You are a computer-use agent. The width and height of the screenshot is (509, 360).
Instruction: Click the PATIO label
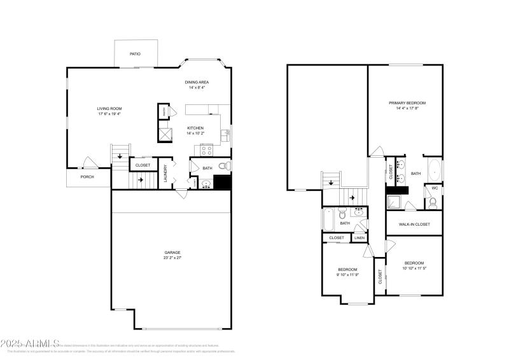[x=135, y=54]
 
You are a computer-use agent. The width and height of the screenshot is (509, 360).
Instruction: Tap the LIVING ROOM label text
[x=109, y=109]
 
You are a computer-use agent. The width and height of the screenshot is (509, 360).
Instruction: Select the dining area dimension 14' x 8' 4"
[x=197, y=88]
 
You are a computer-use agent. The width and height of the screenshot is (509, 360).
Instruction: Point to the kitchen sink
[x=225, y=135]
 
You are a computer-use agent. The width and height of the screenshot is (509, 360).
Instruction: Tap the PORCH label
[x=87, y=177]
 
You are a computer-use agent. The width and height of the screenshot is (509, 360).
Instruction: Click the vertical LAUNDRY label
[x=165, y=174]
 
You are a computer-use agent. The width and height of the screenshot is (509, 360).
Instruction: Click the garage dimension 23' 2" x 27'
[x=172, y=257]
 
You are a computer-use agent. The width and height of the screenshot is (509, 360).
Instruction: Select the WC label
[x=435, y=188]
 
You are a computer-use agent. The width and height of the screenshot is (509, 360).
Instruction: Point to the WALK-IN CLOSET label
[x=414, y=224]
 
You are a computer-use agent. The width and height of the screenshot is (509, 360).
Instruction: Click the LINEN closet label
[x=360, y=238]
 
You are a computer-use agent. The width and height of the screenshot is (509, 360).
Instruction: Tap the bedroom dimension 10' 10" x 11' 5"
[x=414, y=268]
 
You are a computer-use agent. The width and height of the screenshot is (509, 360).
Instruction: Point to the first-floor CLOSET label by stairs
[x=143, y=165]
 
